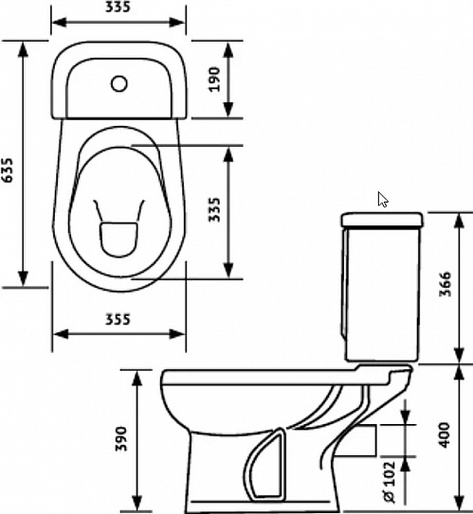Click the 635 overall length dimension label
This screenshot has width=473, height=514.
pos(8,169)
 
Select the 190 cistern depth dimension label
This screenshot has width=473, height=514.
pos(214,80)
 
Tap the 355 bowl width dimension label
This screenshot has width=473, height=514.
pos(118,319)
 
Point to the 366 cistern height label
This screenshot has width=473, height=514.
pos(446,284)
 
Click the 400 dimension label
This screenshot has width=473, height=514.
pos(446,435)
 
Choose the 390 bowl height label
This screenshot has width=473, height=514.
pos(121,438)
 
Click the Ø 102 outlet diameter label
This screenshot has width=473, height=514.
pos(390,482)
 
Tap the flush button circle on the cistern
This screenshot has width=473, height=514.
pos(119,83)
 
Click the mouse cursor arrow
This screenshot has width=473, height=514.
pos(382,200)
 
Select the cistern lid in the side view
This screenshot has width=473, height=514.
pos(382,220)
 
